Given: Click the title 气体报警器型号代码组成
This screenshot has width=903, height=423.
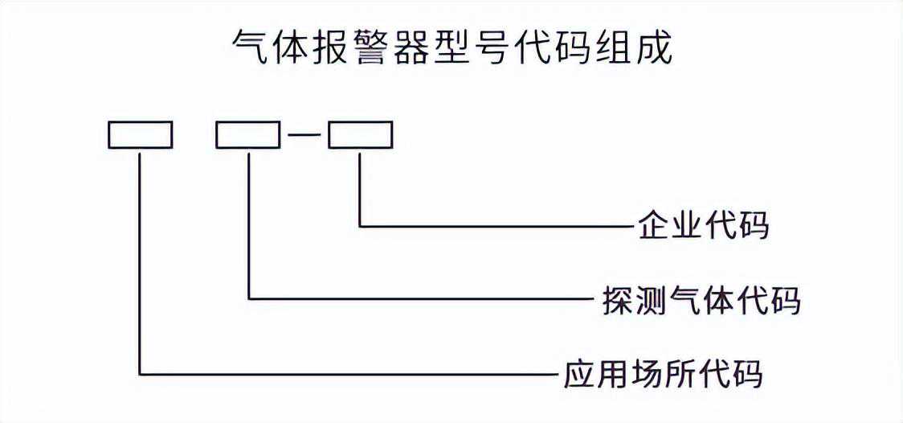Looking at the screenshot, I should [451, 50].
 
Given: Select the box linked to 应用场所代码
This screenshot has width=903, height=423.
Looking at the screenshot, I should [141, 135].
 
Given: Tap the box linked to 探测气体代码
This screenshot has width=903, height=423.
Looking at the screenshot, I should [248, 135].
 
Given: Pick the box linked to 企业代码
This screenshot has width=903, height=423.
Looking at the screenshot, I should [359, 135].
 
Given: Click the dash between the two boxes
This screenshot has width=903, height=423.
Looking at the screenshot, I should [304, 136].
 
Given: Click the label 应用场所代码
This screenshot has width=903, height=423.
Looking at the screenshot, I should [660, 375].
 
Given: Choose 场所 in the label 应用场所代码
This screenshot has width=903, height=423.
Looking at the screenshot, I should [660, 375].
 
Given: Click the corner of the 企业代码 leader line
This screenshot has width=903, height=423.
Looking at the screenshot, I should [359, 226].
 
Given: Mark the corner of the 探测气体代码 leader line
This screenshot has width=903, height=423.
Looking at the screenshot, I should [250, 299].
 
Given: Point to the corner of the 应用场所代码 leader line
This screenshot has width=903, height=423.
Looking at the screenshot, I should [141, 374].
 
